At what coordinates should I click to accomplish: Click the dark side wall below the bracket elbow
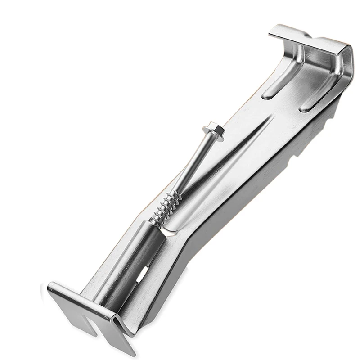193,261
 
